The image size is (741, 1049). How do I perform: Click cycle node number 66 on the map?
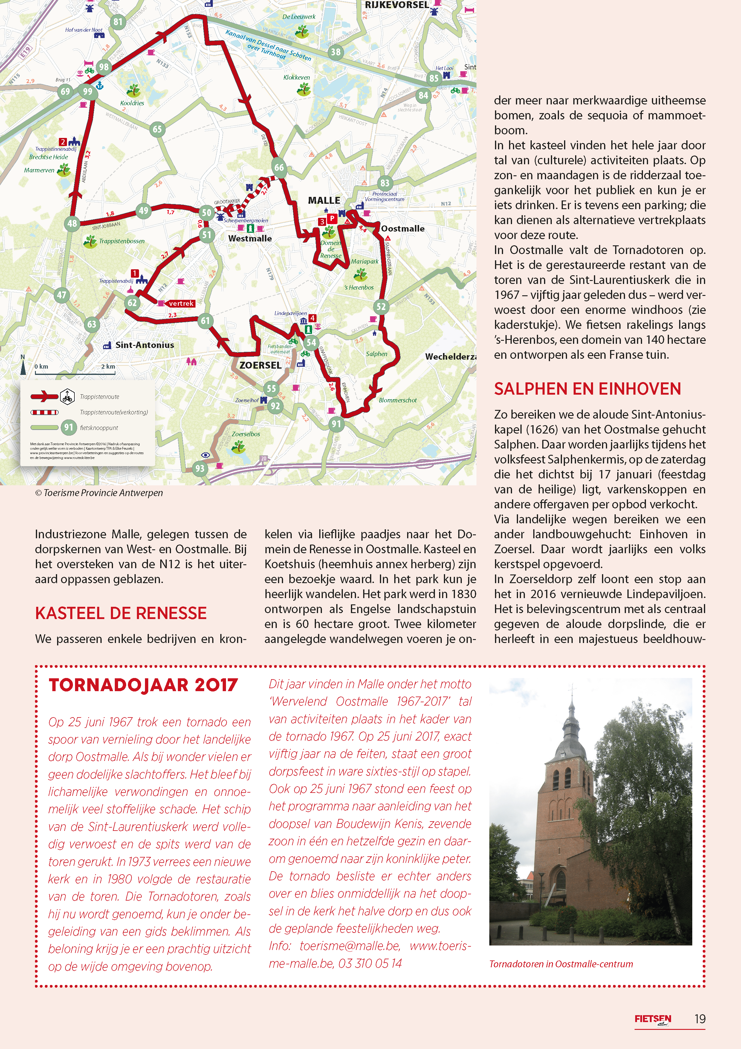(279, 168)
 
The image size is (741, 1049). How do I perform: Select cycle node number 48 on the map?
(72, 224)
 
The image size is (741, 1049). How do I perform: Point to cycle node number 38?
(336, 52)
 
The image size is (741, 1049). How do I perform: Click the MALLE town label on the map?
(324, 200)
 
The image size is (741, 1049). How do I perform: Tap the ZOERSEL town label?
(260, 365)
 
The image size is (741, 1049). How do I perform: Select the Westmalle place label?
(250, 238)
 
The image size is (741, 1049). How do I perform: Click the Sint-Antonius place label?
(144, 345)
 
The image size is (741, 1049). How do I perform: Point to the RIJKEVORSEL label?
(397, 5)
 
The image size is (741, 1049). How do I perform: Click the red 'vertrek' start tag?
(181, 303)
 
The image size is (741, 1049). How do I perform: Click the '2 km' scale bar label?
(108, 367)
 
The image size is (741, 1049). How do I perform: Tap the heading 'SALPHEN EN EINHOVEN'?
(587, 389)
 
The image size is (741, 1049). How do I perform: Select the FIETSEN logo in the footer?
(653, 1019)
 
